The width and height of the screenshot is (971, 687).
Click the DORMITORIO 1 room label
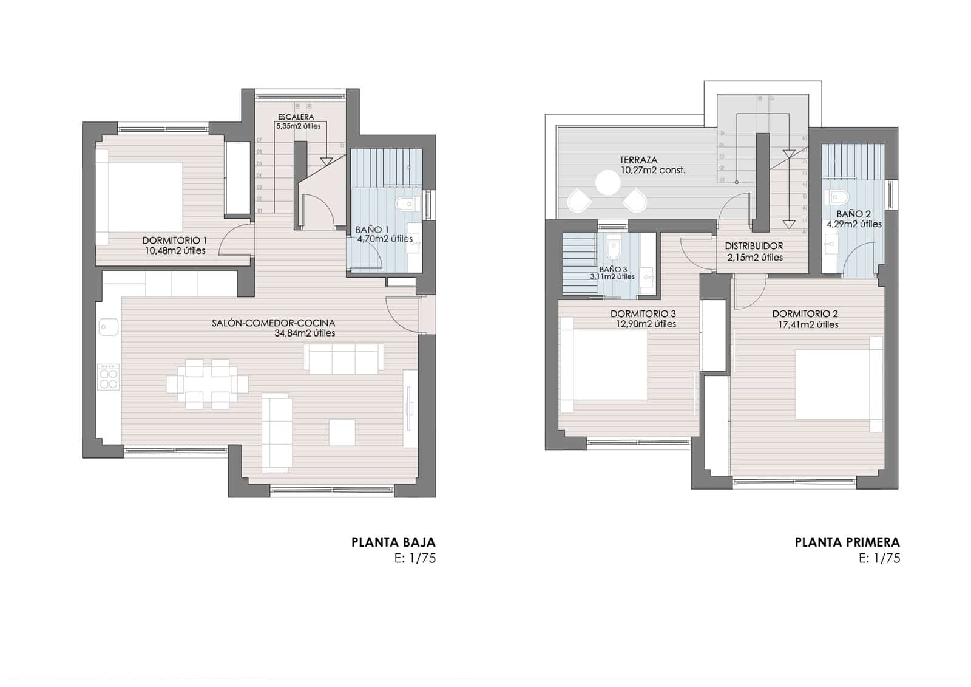point(174,240)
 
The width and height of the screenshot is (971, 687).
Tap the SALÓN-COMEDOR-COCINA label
point(273,323)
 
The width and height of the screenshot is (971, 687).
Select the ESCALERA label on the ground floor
point(296,117)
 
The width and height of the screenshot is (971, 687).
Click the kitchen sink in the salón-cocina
point(109,327)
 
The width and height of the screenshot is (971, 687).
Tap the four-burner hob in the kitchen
point(109,377)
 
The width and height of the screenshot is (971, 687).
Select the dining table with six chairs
point(207,384)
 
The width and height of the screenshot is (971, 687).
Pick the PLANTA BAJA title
point(393,542)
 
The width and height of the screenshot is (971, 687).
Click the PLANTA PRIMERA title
point(847,542)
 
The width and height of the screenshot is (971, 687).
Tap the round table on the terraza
point(607,182)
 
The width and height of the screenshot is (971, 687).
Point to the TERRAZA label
point(638,160)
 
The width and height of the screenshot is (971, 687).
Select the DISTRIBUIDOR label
point(754,246)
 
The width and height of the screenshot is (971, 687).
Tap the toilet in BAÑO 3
point(614,249)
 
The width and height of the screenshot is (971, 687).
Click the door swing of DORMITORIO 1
point(235,240)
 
